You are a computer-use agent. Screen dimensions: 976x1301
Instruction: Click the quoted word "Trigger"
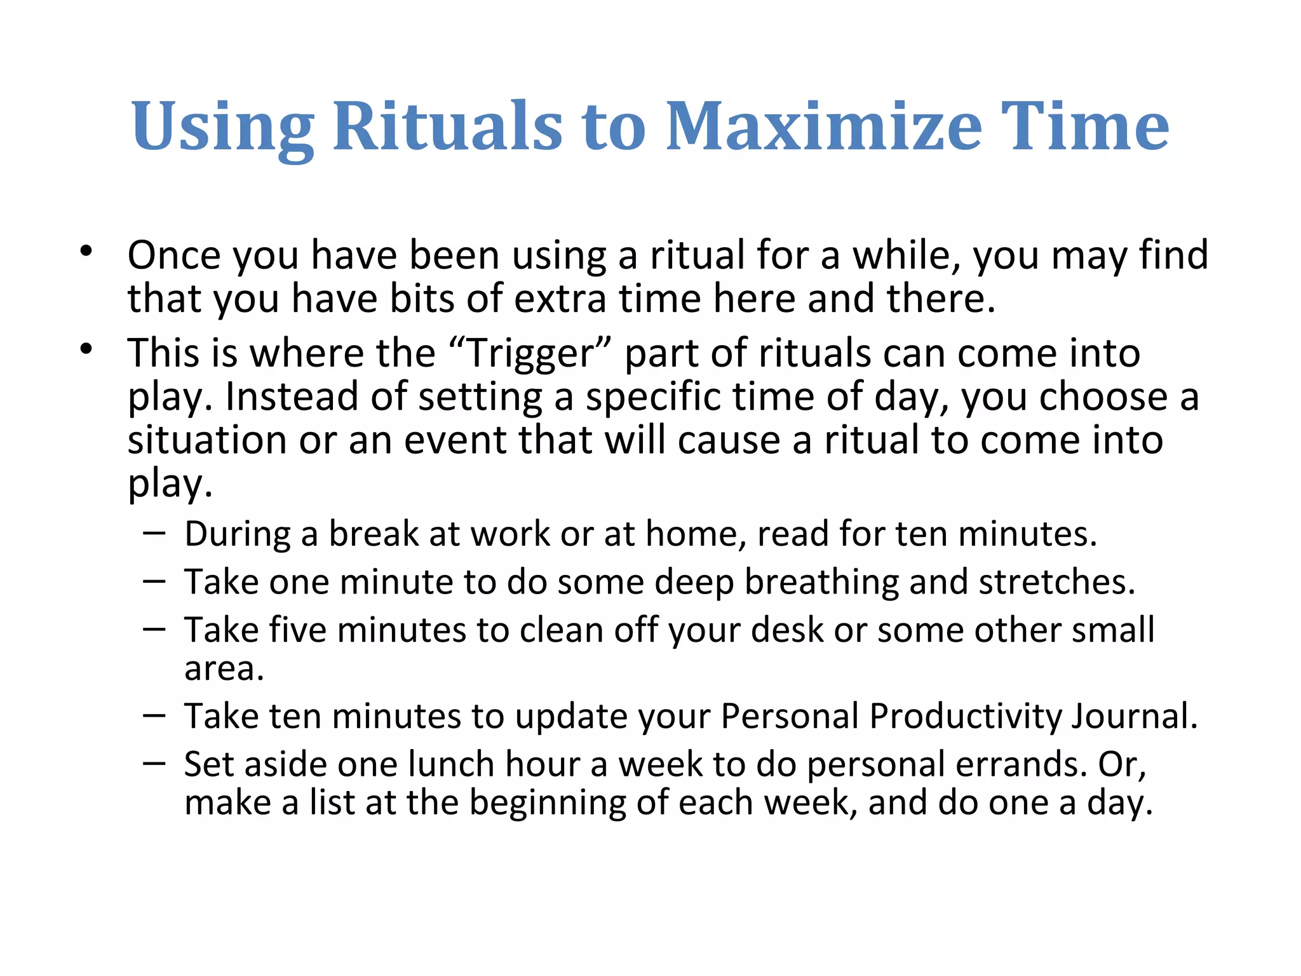[x=530, y=353]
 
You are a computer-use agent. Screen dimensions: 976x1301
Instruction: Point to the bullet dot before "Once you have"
[x=86, y=252]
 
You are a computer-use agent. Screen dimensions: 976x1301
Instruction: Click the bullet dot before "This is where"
[x=86, y=349]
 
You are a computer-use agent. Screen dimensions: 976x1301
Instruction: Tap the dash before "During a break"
[x=154, y=532]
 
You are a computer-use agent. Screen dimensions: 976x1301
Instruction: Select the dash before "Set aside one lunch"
[x=154, y=762]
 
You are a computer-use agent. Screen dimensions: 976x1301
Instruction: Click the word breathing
[x=821, y=582]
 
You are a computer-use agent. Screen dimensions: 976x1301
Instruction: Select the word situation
[x=207, y=440]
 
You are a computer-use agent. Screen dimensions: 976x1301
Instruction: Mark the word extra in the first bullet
[x=560, y=299]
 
